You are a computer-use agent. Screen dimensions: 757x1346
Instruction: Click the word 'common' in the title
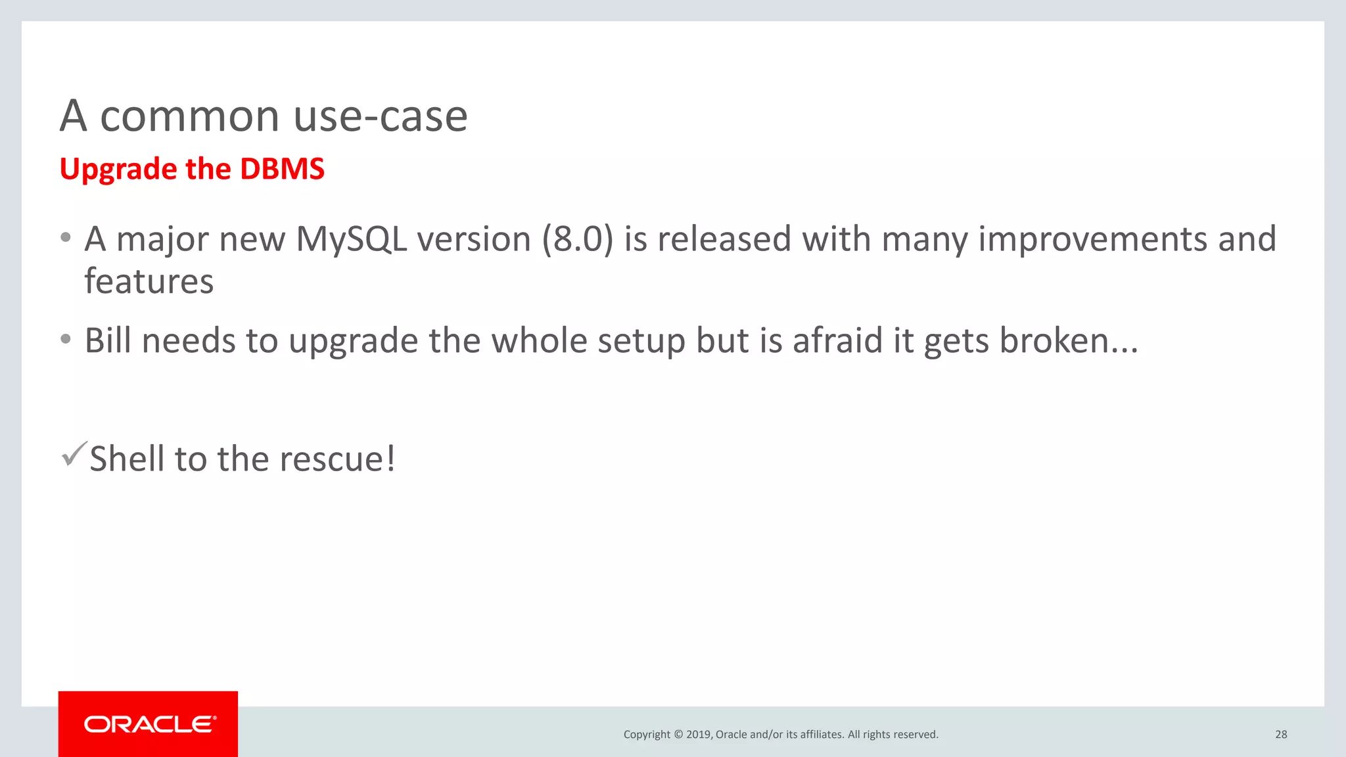click(x=189, y=117)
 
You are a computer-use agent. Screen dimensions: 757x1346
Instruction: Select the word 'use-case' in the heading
click(x=381, y=117)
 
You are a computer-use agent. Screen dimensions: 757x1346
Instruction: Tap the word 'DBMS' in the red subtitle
click(x=282, y=169)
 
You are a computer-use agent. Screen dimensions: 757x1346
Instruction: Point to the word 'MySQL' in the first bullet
click(x=352, y=239)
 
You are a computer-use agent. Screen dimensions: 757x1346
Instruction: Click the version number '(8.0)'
click(x=577, y=239)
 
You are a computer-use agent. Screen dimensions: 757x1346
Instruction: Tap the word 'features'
click(x=149, y=282)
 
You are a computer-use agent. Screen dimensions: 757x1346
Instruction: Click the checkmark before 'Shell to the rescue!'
click(x=73, y=454)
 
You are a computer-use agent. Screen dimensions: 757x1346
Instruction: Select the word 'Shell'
click(x=127, y=459)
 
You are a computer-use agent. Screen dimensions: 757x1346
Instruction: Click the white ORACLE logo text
click(x=150, y=724)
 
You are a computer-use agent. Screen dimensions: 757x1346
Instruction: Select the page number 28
click(x=1281, y=735)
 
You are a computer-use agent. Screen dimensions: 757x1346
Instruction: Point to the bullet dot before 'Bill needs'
click(x=65, y=340)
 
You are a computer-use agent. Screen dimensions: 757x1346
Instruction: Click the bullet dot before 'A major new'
click(x=65, y=238)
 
